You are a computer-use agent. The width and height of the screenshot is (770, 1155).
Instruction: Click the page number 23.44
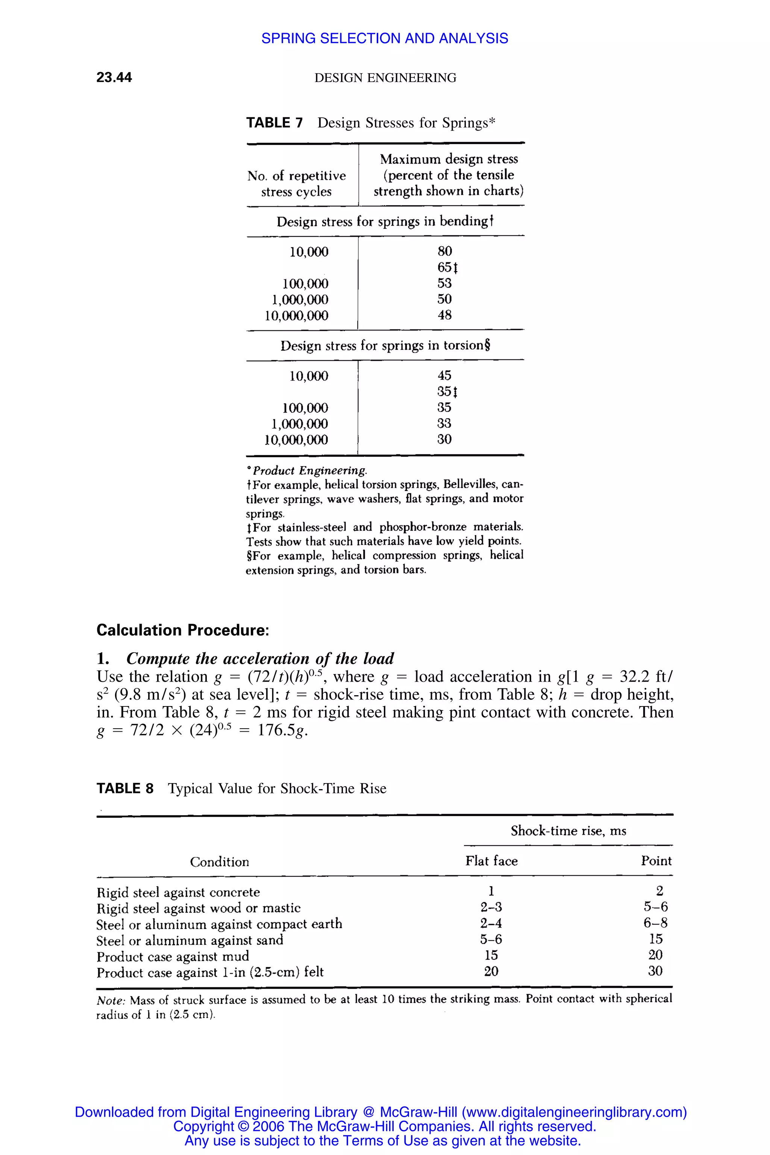tap(114, 77)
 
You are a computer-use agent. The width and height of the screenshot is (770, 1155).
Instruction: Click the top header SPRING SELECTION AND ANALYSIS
tap(385, 38)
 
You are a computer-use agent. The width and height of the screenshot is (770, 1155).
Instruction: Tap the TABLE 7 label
tap(274, 123)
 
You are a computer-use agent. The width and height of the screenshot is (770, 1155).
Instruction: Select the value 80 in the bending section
tap(444, 252)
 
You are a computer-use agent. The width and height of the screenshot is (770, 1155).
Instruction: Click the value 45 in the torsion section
tap(444, 376)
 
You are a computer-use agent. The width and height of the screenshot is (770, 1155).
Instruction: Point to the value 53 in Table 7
tap(444, 283)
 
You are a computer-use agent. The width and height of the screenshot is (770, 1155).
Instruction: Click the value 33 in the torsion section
tap(444, 423)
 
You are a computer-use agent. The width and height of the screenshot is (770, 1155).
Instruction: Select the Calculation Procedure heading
tap(183, 630)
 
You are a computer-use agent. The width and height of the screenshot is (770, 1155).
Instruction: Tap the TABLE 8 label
tap(125, 789)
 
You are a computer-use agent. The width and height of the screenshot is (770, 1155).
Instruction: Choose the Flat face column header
tap(491, 861)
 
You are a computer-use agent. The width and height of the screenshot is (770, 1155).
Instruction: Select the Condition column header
tap(220, 862)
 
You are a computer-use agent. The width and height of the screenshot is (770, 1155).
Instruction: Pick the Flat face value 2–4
tap(491, 924)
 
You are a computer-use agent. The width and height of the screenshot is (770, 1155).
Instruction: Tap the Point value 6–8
tap(656, 923)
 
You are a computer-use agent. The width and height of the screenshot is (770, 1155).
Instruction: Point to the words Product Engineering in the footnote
tap(309, 470)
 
